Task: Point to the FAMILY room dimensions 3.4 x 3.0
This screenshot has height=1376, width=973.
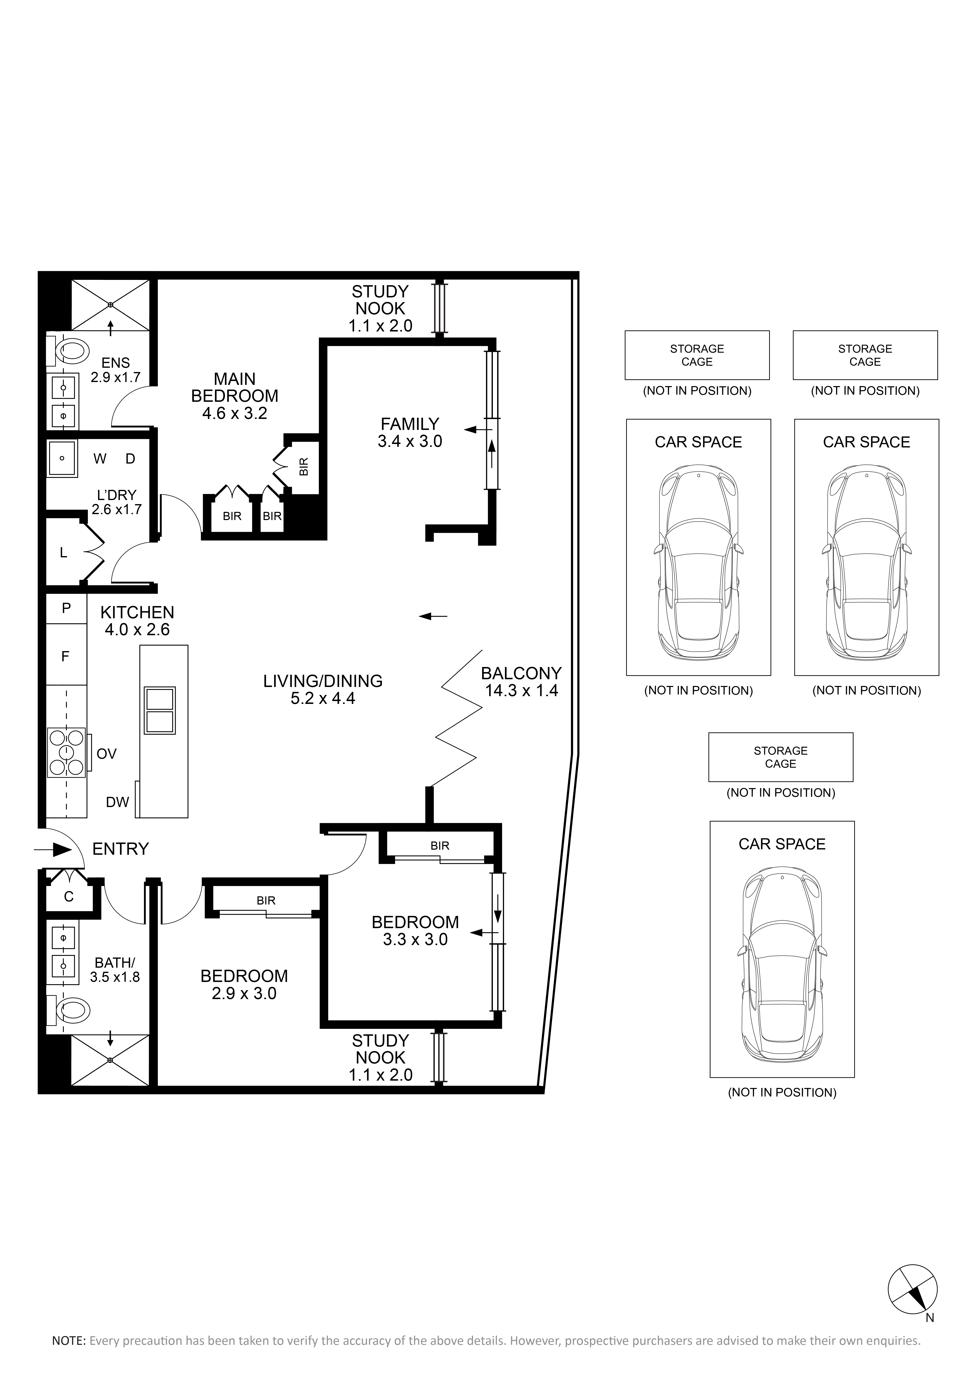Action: pos(410,442)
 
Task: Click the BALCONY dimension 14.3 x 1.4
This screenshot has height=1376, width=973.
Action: pos(521,690)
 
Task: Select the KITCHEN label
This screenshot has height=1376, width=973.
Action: pos(137,613)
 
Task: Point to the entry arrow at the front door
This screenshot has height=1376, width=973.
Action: pos(53,850)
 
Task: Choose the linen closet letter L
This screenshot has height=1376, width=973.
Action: pos(64,553)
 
